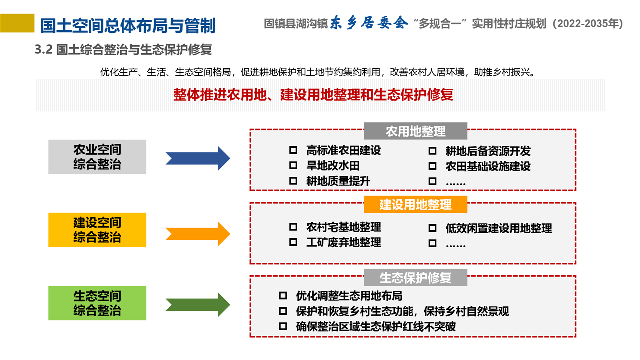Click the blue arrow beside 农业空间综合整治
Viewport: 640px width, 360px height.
click(198, 159)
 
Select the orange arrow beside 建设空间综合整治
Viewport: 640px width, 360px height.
click(198, 233)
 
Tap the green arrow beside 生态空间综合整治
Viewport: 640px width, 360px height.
click(198, 304)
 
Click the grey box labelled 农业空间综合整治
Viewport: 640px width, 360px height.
click(97, 157)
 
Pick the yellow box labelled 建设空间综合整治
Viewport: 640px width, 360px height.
click(97, 230)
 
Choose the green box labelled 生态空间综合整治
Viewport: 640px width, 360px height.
click(97, 303)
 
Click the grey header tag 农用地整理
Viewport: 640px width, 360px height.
click(415, 131)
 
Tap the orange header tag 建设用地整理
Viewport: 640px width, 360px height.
click(415, 204)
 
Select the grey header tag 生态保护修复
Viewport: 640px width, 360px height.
click(415, 278)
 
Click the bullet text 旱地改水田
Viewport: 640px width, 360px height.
click(333, 166)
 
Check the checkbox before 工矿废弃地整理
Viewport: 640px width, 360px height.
click(293, 243)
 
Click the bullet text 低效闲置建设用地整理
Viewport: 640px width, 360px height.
click(498, 228)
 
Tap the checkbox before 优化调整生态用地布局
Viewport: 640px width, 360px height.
click(283, 296)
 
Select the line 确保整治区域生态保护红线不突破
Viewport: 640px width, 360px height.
click(376, 327)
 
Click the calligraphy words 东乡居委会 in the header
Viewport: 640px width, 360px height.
click(369, 24)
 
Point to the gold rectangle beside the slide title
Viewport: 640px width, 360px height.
click(17, 23)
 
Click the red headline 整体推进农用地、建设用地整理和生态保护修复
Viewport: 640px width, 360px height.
click(313, 94)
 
